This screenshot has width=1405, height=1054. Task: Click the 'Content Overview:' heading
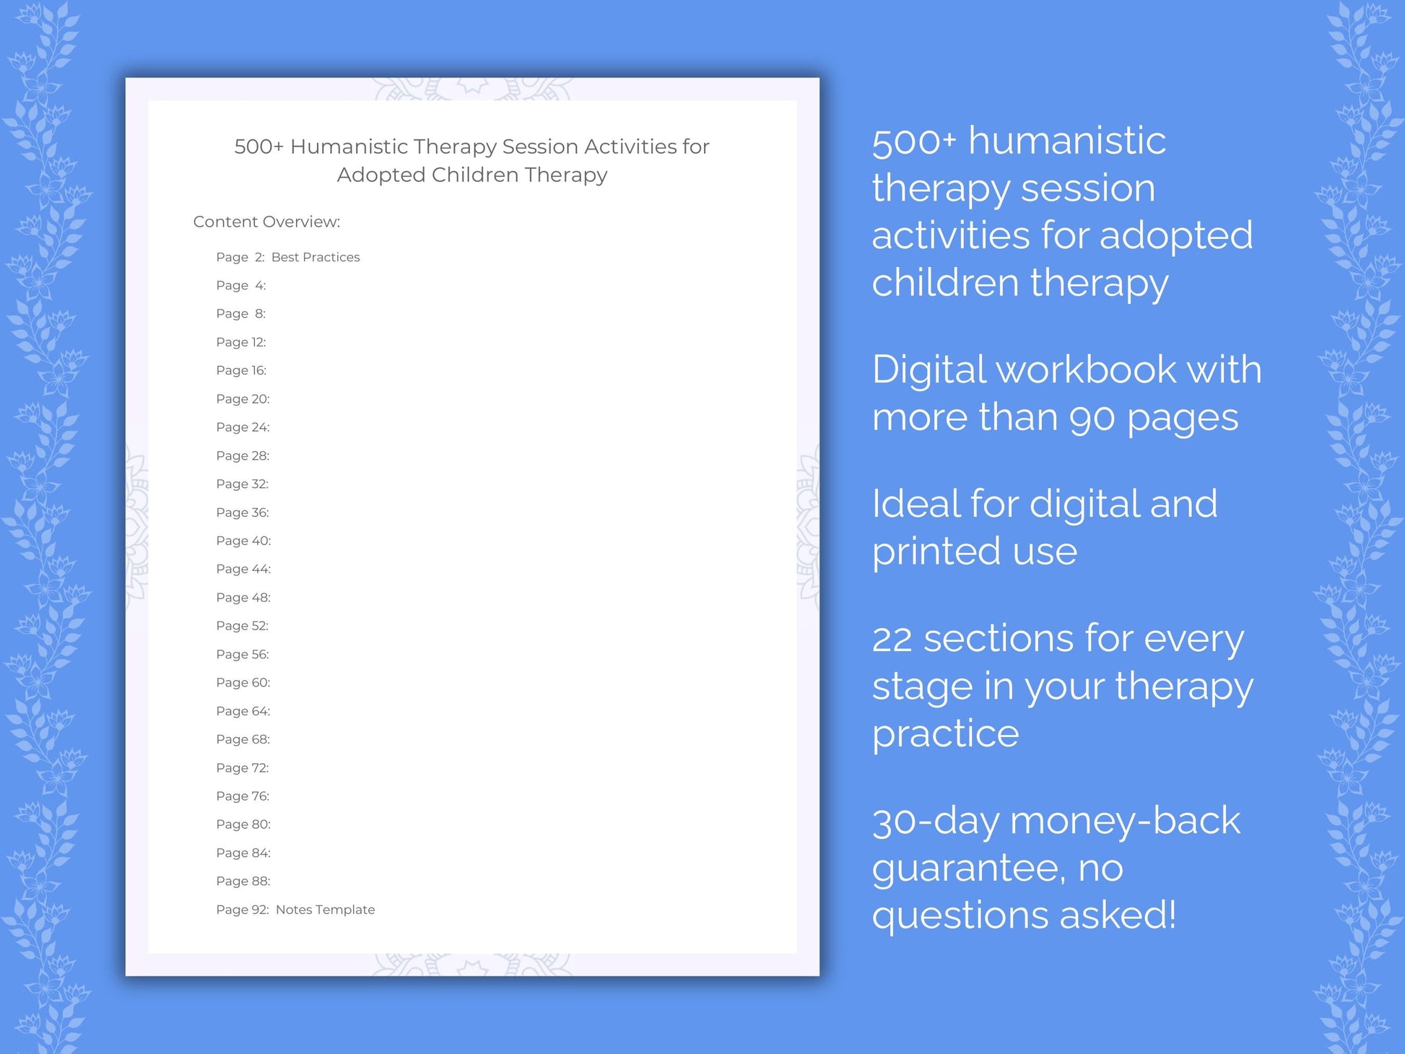pyautogui.click(x=266, y=222)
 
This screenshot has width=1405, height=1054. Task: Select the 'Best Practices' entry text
pyautogui.click(x=316, y=257)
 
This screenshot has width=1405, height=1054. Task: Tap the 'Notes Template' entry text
pyautogui.click(x=325, y=910)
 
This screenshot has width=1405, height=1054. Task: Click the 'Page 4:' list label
pyautogui.click(x=241, y=285)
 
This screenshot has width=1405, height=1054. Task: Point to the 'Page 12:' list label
pyautogui.click(x=241, y=342)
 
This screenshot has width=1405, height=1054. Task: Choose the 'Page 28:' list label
pyautogui.click(x=243, y=456)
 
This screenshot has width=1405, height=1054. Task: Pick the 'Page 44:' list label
pyautogui.click(x=243, y=569)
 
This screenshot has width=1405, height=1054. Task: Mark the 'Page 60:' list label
pyautogui.click(x=243, y=682)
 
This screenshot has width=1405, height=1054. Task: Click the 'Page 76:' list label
pyautogui.click(x=243, y=796)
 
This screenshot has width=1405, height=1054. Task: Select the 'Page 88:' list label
pyautogui.click(x=243, y=881)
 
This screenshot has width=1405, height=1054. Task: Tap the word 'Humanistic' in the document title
pyautogui.click(x=349, y=147)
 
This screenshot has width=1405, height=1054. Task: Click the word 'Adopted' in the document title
pyautogui.click(x=381, y=175)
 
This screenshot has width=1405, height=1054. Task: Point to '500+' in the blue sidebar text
pyautogui.click(x=914, y=141)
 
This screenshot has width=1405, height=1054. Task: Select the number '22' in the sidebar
pyautogui.click(x=892, y=640)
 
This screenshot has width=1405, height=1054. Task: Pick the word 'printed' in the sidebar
pyautogui.click(x=936, y=552)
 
